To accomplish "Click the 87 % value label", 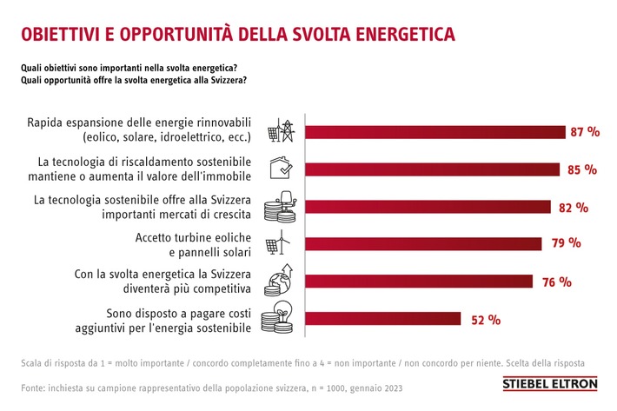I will point(586,132).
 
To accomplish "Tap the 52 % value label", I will point(486,319).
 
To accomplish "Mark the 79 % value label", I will point(566,243).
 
